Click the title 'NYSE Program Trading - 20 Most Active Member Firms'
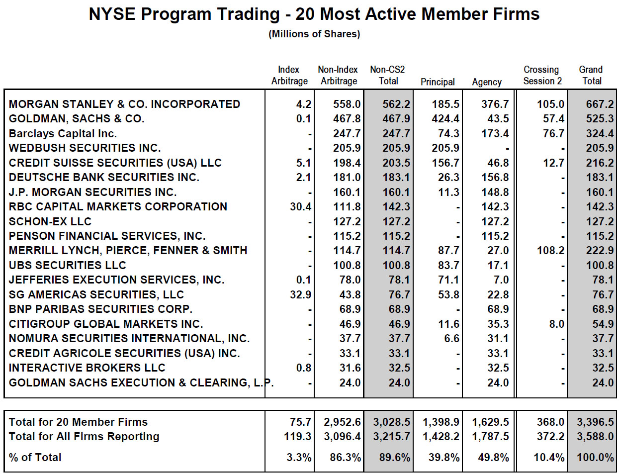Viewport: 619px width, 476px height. coord(314,14)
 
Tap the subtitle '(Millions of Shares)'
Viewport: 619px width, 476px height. coord(314,34)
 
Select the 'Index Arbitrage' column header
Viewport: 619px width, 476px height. coord(289,75)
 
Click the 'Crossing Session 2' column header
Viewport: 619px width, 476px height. coord(542,75)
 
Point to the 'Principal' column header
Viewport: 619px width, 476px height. coord(438,82)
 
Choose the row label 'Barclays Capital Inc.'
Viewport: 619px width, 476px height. coord(63,133)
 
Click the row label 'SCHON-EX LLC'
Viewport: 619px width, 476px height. coord(50,221)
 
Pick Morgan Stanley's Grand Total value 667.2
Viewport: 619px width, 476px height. coord(600,104)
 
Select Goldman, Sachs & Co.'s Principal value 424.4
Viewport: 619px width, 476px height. coord(445,119)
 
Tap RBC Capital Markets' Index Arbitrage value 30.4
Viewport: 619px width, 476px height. coord(301,207)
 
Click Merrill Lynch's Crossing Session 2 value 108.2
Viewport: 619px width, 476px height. coord(550,251)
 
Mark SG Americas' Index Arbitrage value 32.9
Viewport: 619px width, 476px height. coord(301,294)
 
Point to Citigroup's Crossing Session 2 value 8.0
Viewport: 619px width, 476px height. coord(557,324)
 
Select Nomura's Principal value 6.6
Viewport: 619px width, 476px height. coord(451,339)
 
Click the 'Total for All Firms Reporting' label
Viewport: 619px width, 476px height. coord(84,437)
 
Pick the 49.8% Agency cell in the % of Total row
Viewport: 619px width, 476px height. coord(493,458)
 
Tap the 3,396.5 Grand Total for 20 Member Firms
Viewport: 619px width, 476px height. coord(595,422)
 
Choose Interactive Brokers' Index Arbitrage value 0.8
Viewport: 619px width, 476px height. coord(304,368)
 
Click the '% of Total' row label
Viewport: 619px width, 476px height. coord(35,458)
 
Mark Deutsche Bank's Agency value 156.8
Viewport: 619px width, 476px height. coord(495,178)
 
